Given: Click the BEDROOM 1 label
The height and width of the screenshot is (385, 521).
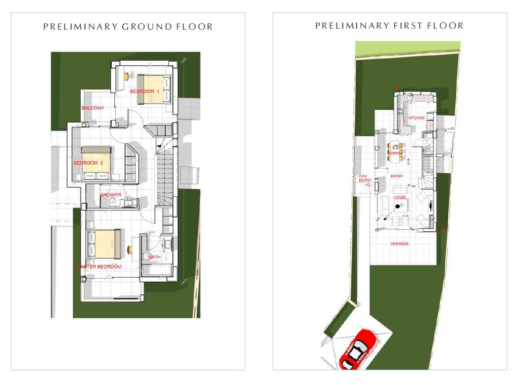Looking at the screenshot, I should pyautogui.click(x=145, y=92).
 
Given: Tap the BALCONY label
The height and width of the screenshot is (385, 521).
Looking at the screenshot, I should pyautogui.click(x=93, y=108).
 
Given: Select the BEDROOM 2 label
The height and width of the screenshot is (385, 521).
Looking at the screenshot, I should pyautogui.click(x=88, y=163).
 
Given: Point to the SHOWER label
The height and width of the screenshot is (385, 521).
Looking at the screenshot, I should pyautogui.click(x=111, y=195).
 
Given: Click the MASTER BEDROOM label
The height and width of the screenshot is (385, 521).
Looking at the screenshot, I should pyautogui.click(x=99, y=267).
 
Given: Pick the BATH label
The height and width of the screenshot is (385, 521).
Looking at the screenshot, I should pyautogui.click(x=154, y=257).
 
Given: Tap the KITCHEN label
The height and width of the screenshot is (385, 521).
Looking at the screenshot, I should pyautogui.click(x=416, y=118).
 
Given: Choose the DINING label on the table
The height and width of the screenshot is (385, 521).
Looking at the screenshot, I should pyautogui.click(x=395, y=153).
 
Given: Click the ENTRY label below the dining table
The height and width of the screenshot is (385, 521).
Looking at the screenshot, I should pyautogui.click(x=397, y=176).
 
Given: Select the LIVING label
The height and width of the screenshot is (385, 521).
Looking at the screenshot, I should pyautogui.click(x=399, y=198).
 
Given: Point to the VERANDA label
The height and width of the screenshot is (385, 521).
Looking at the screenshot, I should pyautogui.click(x=399, y=244).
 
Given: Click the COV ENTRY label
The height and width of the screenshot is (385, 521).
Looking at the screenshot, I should pyautogui.click(x=365, y=178).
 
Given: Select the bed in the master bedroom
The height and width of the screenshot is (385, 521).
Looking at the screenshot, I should pyautogui.click(x=104, y=244).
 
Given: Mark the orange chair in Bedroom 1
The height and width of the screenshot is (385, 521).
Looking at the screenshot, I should pyautogui.click(x=127, y=76).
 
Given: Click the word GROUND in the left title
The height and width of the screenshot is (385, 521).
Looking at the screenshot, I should pyautogui.click(x=146, y=27).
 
